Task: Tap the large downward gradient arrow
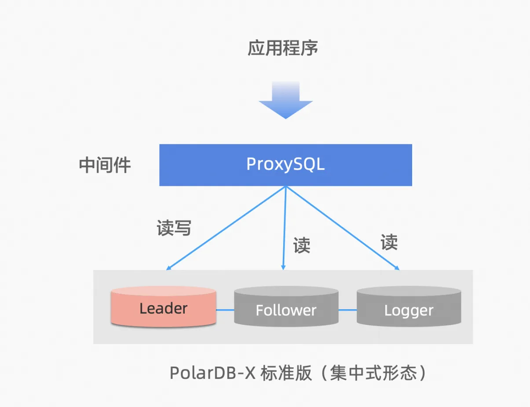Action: (285, 100)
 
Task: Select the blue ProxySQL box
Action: (285, 165)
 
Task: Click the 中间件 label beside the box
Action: (105, 165)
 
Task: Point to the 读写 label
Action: (174, 227)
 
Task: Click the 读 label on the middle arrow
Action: (302, 245)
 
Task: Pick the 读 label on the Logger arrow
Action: (389, 242)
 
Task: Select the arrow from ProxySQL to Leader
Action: (227, 228)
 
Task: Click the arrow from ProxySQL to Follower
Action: (285, 228)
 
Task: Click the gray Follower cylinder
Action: (286, 307)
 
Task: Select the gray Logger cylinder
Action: (409, 307)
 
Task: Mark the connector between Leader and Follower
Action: (225, 310)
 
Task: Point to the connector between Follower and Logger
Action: (347, 310)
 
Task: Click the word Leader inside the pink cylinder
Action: (163, 308)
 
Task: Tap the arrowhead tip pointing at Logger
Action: (398, 269)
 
